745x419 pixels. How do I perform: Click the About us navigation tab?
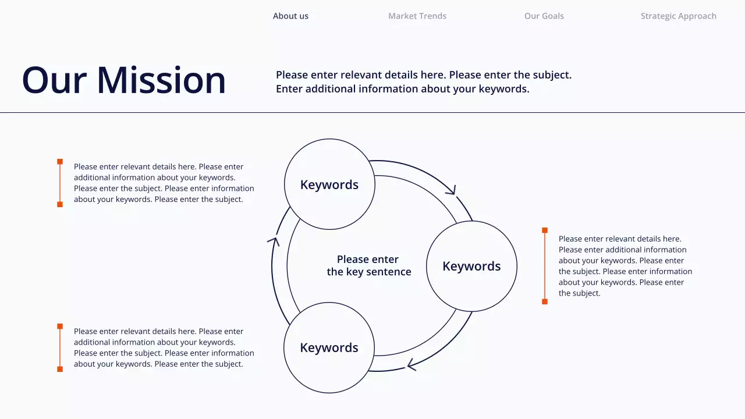coord(290,16)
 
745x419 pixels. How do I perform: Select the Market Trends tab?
coord(417,16)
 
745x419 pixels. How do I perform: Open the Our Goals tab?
coord(544,16)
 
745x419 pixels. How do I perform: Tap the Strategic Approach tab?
coord(679,16)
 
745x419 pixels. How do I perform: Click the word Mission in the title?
coord(161,80)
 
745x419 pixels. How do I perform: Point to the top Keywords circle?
coord(329,184)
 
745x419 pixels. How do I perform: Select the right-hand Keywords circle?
coord(471,266)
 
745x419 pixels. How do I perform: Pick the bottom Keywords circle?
coord(329,347)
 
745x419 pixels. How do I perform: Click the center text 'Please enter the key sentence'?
coord(369,265)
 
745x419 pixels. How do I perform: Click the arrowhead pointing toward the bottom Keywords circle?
coord(411,365)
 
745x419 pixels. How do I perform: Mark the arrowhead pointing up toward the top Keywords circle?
coord(274,240)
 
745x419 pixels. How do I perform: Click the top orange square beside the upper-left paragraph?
coord(60,162)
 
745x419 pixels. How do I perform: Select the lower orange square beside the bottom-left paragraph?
coord(60,369)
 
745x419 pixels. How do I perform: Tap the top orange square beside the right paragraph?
coord(545,230)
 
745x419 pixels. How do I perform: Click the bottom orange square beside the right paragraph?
coord(545,301)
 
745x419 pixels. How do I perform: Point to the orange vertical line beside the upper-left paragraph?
coord(60,183)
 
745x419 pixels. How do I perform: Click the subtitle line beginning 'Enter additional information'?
coord(402,89)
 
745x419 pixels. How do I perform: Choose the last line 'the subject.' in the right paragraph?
coord(579,293)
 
